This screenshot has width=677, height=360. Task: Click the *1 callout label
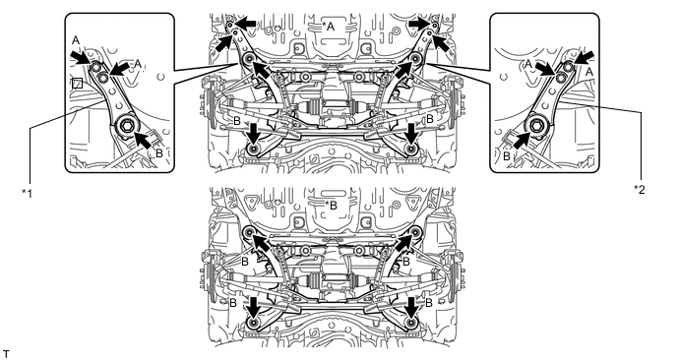[28, 193]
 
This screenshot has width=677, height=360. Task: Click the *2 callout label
[640, 189]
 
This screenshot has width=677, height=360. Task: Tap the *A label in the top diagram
[329, 27]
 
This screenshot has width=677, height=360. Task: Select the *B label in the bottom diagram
[331, 205]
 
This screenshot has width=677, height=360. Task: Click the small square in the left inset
[78, 83]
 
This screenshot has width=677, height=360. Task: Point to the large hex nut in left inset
[128, 126]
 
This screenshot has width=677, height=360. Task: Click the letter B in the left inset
[159, 152]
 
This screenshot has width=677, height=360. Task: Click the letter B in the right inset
[507, 156]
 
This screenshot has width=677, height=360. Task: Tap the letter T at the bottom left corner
[6, 355]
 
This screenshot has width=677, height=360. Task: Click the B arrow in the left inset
[145, 141]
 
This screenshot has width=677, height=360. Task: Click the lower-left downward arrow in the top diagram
[254, 133]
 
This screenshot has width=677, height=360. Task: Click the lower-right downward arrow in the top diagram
[412, 133]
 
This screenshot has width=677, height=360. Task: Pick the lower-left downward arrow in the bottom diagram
[254, 306]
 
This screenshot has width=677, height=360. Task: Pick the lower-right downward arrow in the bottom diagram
[412, 306]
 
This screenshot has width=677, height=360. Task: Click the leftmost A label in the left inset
[76, 40]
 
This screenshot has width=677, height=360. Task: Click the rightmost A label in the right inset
[588, 73]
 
